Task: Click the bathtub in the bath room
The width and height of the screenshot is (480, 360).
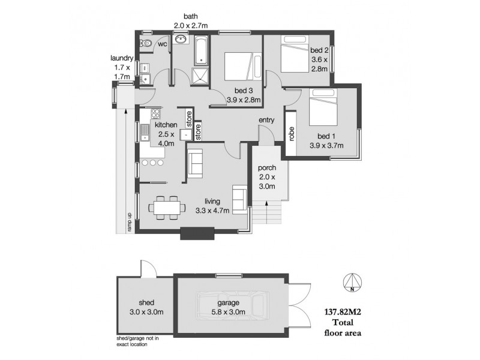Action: point(201,50)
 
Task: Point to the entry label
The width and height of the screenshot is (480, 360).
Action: point(266,121)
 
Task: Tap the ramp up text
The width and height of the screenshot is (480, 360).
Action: point(128,221)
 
